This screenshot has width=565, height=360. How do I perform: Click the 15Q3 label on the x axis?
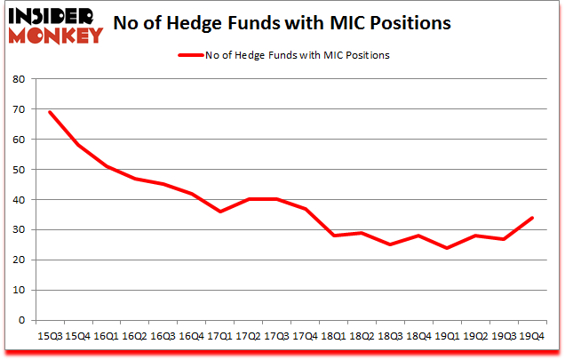(x=50, y=336)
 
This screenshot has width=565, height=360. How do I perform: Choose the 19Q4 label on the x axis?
(x=530, y=336)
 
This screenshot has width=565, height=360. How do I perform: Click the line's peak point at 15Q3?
(x=50, y=112)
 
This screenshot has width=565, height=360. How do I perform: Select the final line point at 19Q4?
(x=530, y=218)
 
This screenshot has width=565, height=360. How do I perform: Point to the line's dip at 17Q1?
(x=219, y=212)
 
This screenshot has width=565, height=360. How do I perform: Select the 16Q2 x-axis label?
(x=134, y=336)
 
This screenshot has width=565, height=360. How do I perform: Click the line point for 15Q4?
(x=78, y=145)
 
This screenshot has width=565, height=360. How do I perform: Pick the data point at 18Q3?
(x=389, y=244)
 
